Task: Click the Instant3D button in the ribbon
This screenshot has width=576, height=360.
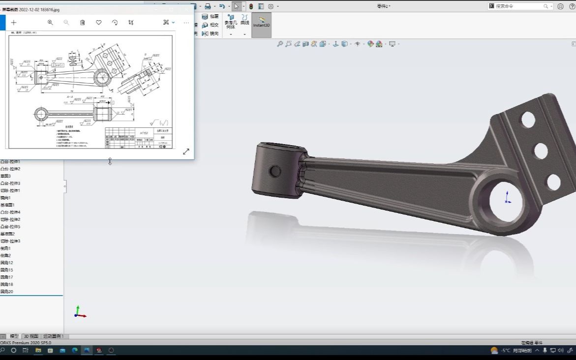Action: pyautogui.click(x=261, y=25)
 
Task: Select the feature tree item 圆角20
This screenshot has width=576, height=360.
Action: pyautogui.click(x=7, y=292)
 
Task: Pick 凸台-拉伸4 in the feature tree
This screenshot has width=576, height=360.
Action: pyautogui.click(x=10, y=212)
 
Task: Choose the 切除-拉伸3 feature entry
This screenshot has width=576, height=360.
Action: pyautogui.click(x=10, y=241)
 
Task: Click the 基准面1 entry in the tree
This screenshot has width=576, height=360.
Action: pyautogui.click(x=7, y=205)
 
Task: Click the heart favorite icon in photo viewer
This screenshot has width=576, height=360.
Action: pyautogui.click(x=99, y=23)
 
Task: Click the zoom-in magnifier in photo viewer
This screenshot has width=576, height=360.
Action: pyautogui.click(x=50, y=23)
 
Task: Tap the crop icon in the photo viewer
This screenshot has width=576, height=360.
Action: pyautogui.click(x=131, y=23)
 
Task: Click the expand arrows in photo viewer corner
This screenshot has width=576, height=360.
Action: pyautogui.click(x=186, y=151)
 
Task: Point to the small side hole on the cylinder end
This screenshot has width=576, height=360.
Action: pyautogui.click(x=275, y=171)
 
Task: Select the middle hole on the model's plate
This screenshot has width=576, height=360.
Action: pyautogui.click(x=541, y=151)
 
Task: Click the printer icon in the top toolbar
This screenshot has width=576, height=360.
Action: pyautogui.click(x=208, y=6)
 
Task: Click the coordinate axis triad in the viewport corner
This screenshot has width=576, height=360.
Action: pyautogui.click(x=79, y=312)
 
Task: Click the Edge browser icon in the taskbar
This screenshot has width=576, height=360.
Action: pyautogui.click(x=75, y=350)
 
